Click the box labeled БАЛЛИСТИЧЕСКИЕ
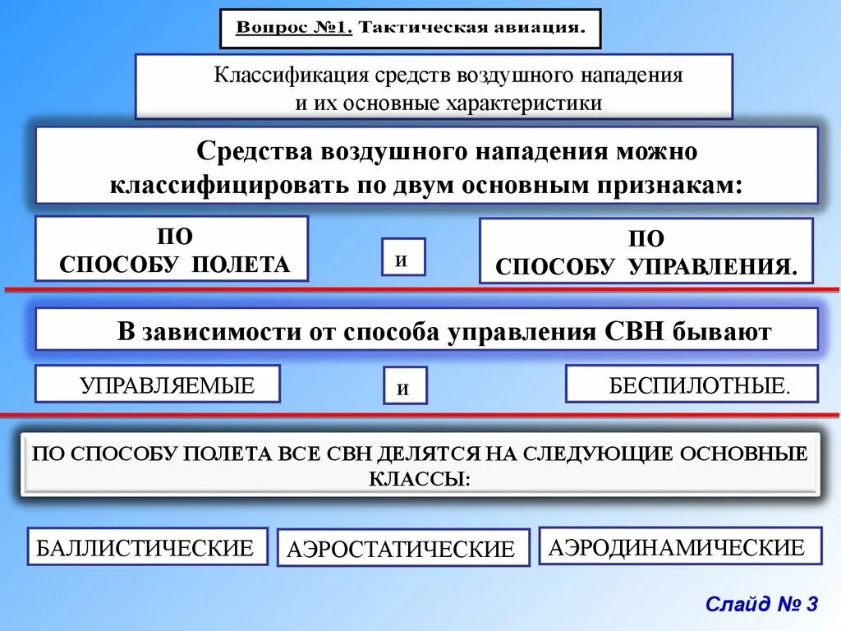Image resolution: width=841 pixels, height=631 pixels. point(148,546)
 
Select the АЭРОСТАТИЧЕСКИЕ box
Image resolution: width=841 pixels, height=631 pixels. point(402,548)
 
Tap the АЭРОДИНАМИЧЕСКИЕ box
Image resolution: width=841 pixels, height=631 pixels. point(680,546)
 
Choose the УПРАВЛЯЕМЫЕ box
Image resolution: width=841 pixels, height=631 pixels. point(158,384)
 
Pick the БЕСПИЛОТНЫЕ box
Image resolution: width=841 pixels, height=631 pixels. point(692,384)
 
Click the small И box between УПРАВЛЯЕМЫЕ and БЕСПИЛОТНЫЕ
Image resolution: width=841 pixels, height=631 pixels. point(405,386)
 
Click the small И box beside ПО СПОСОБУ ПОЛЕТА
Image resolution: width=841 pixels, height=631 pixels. point(403,257)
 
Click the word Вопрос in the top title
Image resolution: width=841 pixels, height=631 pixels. point(261,28)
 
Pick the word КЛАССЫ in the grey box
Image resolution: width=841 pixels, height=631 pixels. point(419,478)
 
